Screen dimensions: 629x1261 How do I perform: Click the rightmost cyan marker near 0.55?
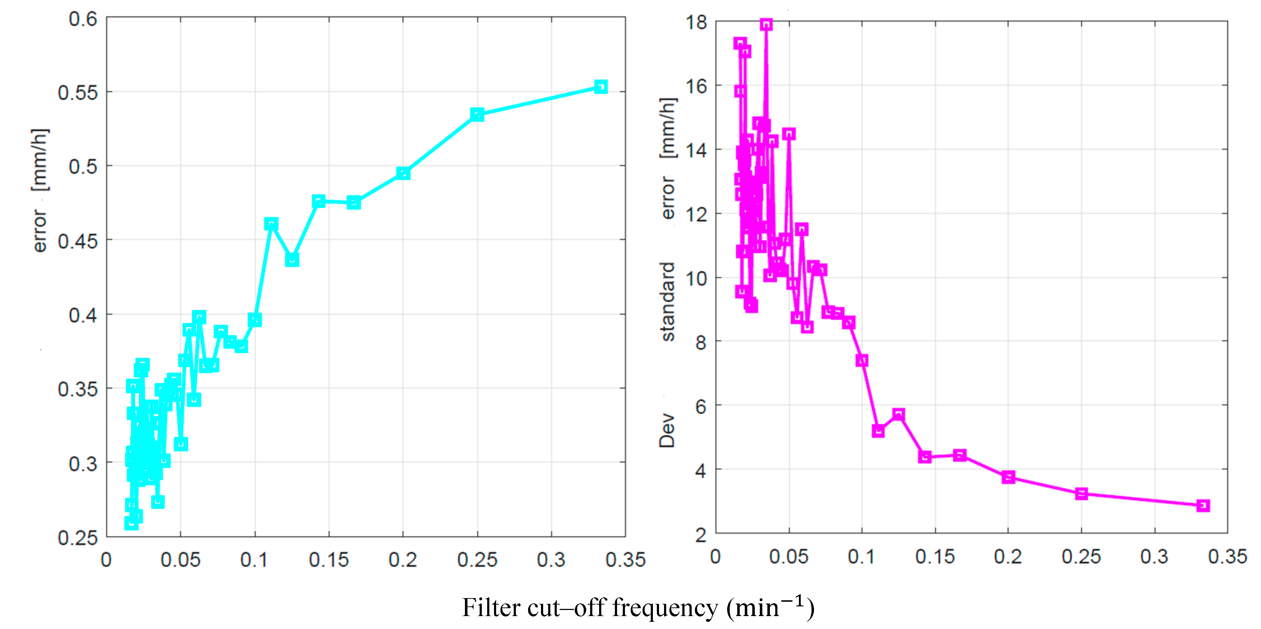click(601, 87)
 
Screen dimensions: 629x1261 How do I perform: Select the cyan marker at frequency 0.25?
click(477, 114)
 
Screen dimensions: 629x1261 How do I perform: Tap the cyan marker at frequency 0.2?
click(403, 173)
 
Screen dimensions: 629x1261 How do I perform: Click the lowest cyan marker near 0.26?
click(131, 523)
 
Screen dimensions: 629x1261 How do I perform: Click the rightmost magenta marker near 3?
click(1203, 505)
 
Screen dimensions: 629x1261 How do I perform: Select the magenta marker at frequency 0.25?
click(1081, 493)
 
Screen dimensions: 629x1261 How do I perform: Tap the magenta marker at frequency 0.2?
click(1008, 477)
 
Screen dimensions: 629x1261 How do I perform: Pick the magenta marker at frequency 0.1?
click(862, 360)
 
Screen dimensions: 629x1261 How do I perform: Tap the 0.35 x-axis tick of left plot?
click(626, 559)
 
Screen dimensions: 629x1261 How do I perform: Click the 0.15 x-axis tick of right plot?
click(935, 556)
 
